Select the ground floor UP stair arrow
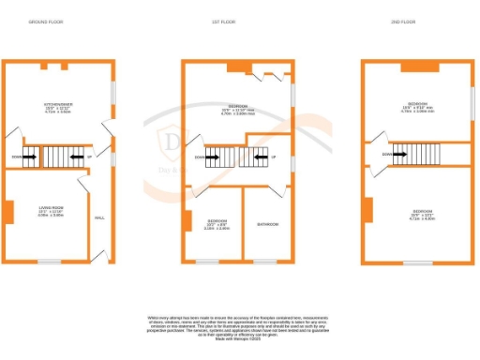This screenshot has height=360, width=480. click(77, 156)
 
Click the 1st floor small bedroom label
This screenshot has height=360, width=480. click(217, 225)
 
